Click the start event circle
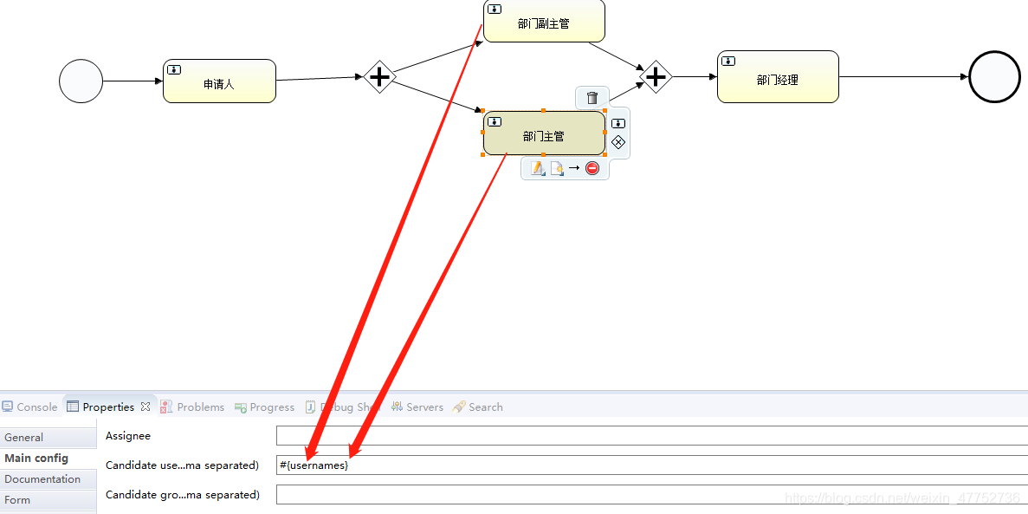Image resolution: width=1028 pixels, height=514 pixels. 81,81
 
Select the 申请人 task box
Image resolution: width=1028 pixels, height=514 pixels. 219,81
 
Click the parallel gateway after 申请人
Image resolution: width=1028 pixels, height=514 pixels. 379,77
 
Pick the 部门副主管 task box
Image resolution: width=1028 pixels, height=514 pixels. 544,21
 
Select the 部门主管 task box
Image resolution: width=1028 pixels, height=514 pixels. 544,134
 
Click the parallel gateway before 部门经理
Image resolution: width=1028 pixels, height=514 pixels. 656,77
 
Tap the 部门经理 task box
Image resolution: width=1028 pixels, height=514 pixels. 778,77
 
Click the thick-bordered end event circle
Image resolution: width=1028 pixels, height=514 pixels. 994,77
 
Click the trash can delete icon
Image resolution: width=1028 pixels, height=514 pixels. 592,98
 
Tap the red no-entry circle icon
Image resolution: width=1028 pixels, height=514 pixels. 592,168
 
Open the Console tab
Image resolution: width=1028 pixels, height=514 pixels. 30,407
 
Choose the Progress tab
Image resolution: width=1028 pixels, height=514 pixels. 265,407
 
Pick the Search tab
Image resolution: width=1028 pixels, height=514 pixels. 478,407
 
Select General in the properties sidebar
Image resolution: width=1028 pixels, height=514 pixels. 24,438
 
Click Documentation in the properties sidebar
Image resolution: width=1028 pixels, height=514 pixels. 42,479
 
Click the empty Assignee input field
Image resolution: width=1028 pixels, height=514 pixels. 650,436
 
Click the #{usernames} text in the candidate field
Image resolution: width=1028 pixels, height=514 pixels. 314,465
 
